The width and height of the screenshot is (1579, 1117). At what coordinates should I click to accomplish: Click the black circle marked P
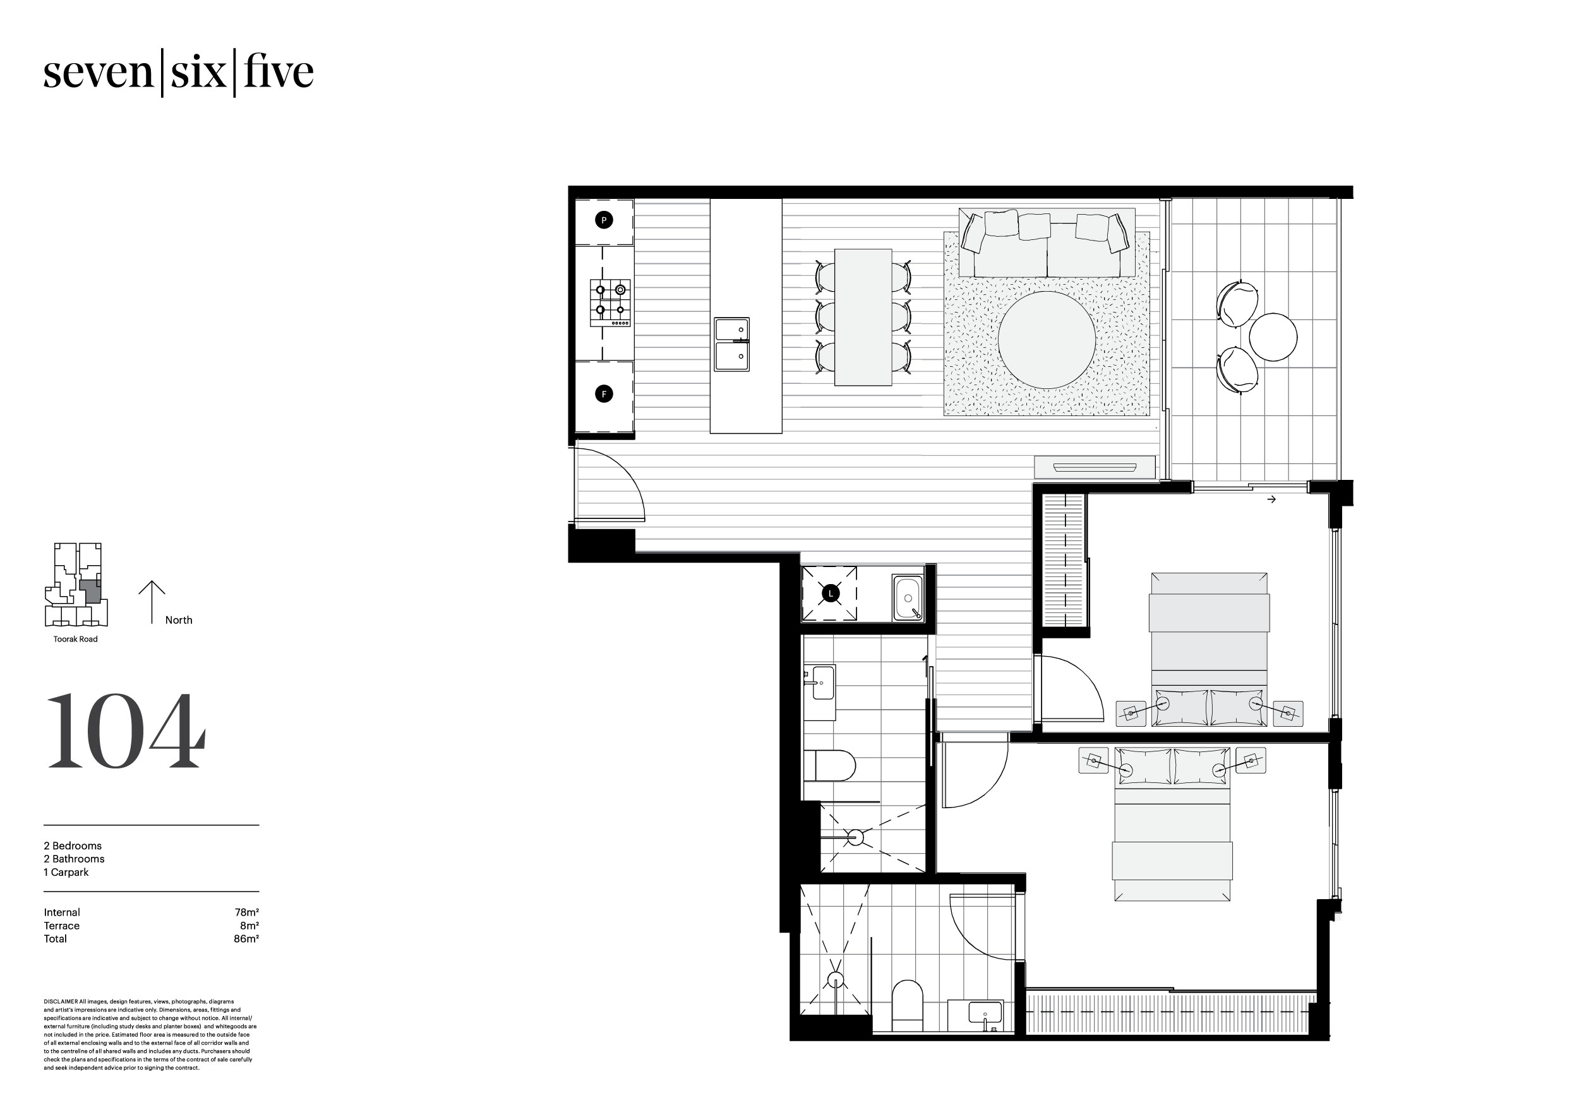(x=603, y=220)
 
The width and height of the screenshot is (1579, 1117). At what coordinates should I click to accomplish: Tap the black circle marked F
(x=603, y=394)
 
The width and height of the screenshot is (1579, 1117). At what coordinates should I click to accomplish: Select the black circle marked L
(x=831, y=593)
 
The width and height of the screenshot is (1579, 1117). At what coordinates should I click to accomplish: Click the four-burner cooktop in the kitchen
(x=610, y=302)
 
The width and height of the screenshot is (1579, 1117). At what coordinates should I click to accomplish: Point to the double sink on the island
(x=731, y=344)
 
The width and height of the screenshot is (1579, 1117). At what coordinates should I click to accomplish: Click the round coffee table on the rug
(x=1046, y=340)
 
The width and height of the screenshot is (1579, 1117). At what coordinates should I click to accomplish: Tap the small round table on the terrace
(x=1273, y=337)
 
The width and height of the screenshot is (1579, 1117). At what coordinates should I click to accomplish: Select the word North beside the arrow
(x=179, y=619)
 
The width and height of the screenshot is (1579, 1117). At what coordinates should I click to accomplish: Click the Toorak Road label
(x=76, y=639)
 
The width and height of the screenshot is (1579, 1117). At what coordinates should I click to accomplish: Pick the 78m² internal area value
(x=246, y=912)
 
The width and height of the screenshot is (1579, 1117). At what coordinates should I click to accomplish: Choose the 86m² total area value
(x=246, y=938)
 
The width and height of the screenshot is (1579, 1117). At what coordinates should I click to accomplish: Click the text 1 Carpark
(x=66, y=872)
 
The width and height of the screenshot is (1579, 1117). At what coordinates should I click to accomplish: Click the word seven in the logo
(x=98, y=73)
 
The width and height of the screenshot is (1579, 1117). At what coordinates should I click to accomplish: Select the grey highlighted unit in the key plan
(x=90, y=592)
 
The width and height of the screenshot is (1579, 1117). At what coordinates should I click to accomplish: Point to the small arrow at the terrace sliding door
(x=1271, y=499)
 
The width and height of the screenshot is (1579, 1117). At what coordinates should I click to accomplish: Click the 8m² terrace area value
(x=249, y=926)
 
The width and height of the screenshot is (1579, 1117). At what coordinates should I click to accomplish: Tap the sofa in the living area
(x=1046, y=243)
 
